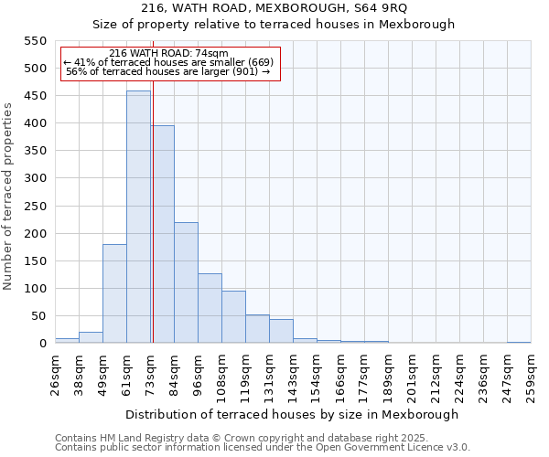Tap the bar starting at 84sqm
[186, 282]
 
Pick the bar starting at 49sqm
[114, 293]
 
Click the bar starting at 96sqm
[210, 308]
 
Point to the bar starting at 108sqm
[233, 317]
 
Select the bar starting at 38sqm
[91, 337]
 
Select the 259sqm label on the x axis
[531, 375]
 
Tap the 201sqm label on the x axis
[412, 375]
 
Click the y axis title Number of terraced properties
[8, 197]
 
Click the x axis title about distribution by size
[292, 414]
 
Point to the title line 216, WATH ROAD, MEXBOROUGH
[274, 8]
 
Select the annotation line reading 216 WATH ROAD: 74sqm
[168, 53]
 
